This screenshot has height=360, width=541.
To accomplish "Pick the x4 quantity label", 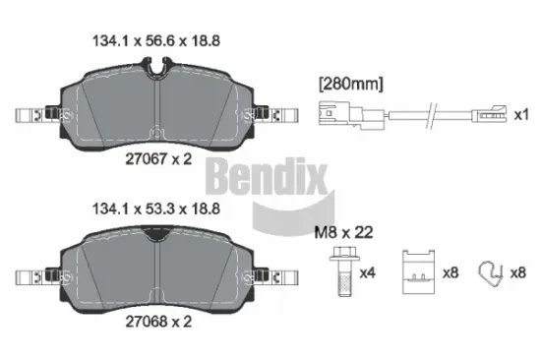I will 367,272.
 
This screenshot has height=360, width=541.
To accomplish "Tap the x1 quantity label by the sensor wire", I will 522,115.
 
